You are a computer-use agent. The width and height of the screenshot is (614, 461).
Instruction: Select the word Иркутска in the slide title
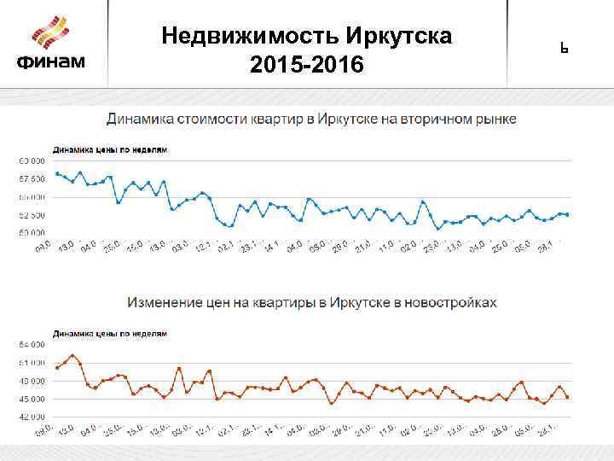pyautogui.click(x=400, y=37)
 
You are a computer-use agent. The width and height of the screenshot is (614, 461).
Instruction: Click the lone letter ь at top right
pyautogui.click(x=564, y=48)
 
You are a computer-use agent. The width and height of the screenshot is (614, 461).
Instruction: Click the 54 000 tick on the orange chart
pyautogui.click(x=31, y=344)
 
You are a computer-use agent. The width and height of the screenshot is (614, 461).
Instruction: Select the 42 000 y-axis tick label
pyautogui.click(x=31, y=417)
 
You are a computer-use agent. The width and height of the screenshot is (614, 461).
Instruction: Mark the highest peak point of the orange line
pyautogui.click(x=72, y=355)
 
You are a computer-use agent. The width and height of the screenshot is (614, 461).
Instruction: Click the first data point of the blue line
pyautogui.click(x=56, y=173)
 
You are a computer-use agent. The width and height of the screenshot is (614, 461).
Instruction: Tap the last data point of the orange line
pyautogui.click(x=567, y=397)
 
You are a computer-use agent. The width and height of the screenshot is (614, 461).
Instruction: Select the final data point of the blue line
pyautogui.click(x=567, y=214)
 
